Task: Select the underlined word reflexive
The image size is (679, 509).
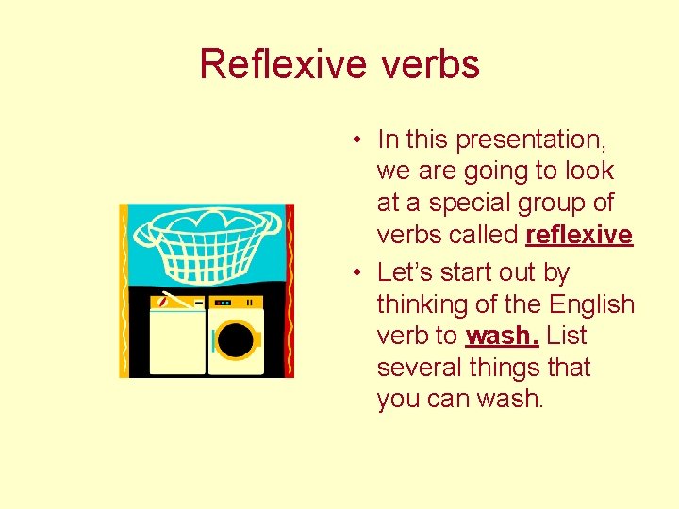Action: click(x=579, y=235)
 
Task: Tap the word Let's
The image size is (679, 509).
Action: click(x=403, y=272)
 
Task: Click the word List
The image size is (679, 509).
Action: click(x=566, y=337)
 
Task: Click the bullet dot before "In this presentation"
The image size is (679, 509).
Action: click(x=359, y=141)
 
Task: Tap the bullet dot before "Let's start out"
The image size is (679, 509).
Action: click(x=359, y=273)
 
